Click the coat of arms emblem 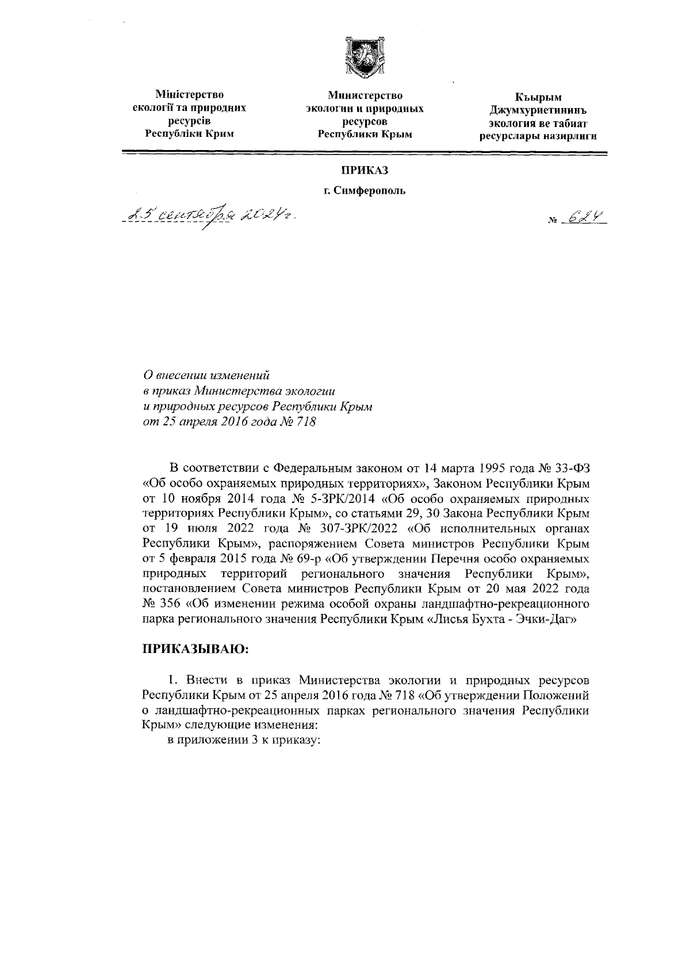[363, 57]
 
